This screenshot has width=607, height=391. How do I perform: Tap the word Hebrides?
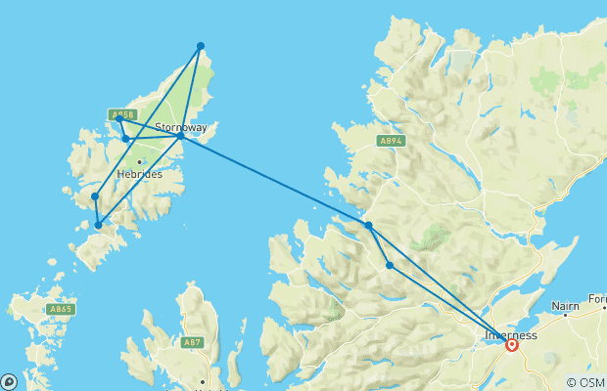click(x=138, y=174)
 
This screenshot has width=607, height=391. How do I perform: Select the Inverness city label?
click(x=510, y=335)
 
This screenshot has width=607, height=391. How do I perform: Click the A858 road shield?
click(x=121, y=114)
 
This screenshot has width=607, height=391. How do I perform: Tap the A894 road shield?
click(x=391, y=142)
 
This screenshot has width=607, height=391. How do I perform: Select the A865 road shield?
click(x=60, y=309)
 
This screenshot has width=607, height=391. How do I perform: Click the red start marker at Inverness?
click(x=511, y=344)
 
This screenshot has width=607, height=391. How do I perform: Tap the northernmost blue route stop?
click(x=201, y=46)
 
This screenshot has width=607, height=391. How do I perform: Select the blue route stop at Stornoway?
click(x=181, y=137)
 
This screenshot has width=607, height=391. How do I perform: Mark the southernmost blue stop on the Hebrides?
click(x=98, y=226)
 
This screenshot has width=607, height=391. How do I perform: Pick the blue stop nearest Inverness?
click(x=390, y=265)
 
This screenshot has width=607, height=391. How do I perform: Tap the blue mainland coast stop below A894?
click(x=369, y=226)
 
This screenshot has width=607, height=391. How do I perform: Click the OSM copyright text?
click(x=585, y=382)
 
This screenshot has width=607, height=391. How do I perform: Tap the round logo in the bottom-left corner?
click(x=9, y=382)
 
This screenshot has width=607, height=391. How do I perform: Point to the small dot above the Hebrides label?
click(x=140, y=161)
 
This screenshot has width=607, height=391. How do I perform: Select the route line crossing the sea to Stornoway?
click(x=274, y=181)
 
